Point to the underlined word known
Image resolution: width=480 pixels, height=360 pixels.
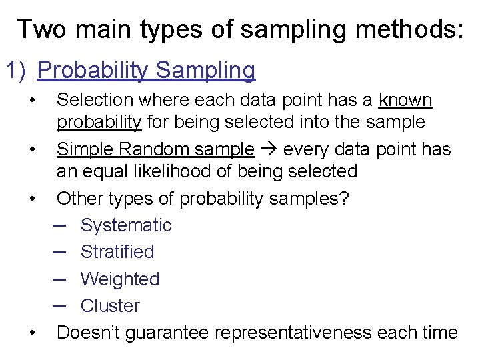pos(405,101)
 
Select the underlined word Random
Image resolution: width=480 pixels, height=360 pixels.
pos(158,149)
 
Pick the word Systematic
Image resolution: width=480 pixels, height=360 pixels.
pos(126,225)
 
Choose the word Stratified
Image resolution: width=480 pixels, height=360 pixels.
pos(117,252)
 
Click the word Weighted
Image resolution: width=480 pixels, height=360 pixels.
pos(120,279)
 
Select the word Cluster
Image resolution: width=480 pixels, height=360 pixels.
pos(110,306)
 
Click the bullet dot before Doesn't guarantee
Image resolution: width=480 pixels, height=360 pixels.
pos(32,332)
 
